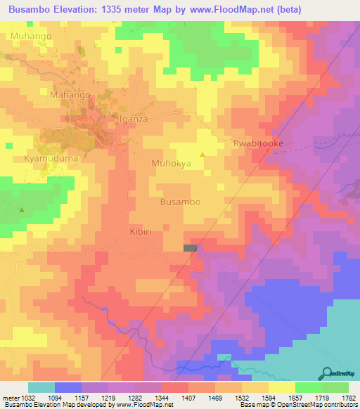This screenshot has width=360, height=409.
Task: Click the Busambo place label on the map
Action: tap(181, 202)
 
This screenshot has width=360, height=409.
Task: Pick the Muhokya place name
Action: tap(171, 164)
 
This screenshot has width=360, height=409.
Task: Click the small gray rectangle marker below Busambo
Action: tap(190, 248)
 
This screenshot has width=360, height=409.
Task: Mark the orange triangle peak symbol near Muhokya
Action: tap(203, 155)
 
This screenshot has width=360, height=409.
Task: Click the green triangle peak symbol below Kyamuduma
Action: tap(22, 209)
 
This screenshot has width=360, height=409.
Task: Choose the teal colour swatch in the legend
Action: tap(41, 387)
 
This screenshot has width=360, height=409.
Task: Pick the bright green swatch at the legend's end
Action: tap(335, 387)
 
